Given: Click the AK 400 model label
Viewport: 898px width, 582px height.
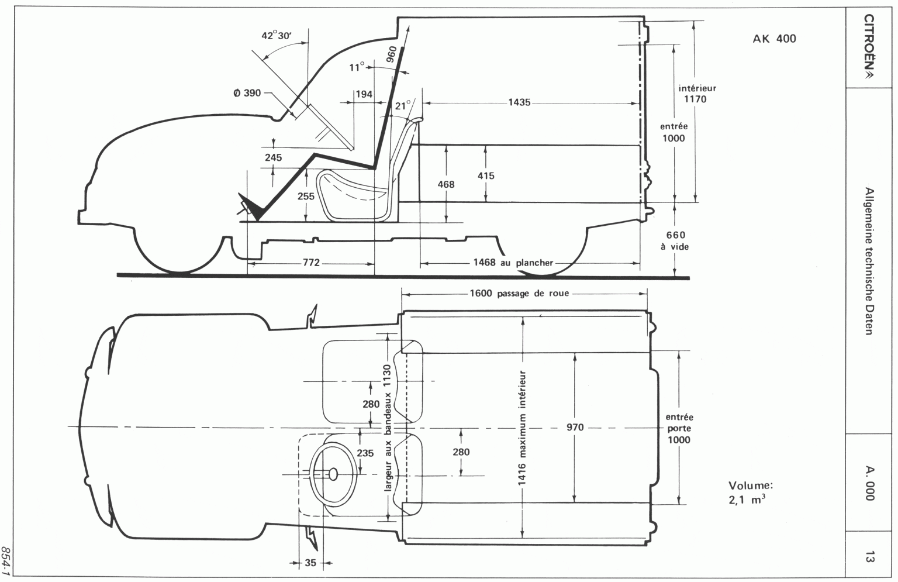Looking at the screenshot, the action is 774,39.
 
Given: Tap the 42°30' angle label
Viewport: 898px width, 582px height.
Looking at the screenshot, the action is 277,36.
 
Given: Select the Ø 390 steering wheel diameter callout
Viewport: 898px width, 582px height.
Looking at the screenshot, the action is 247,93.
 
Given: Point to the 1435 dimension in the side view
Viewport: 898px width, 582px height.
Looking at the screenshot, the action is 519,103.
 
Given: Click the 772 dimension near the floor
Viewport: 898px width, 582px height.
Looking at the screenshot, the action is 311,263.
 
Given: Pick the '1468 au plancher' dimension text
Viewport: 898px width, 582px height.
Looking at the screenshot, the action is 513,263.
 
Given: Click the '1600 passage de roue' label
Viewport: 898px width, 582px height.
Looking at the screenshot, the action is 519,294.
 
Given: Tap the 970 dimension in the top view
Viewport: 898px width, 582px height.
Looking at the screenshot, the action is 575,428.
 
